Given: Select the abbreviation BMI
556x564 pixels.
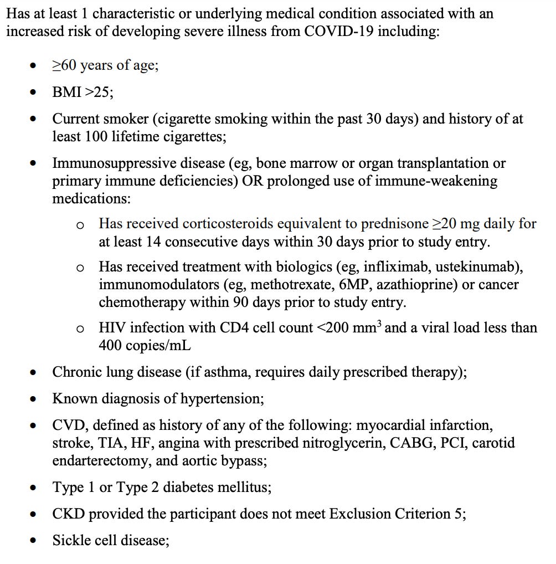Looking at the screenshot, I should (66, 93).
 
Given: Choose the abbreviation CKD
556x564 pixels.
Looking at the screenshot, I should (69, 514).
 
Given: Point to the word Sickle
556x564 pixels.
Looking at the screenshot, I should (70, 540).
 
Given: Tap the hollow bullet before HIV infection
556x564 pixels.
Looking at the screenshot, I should (80, 329).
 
